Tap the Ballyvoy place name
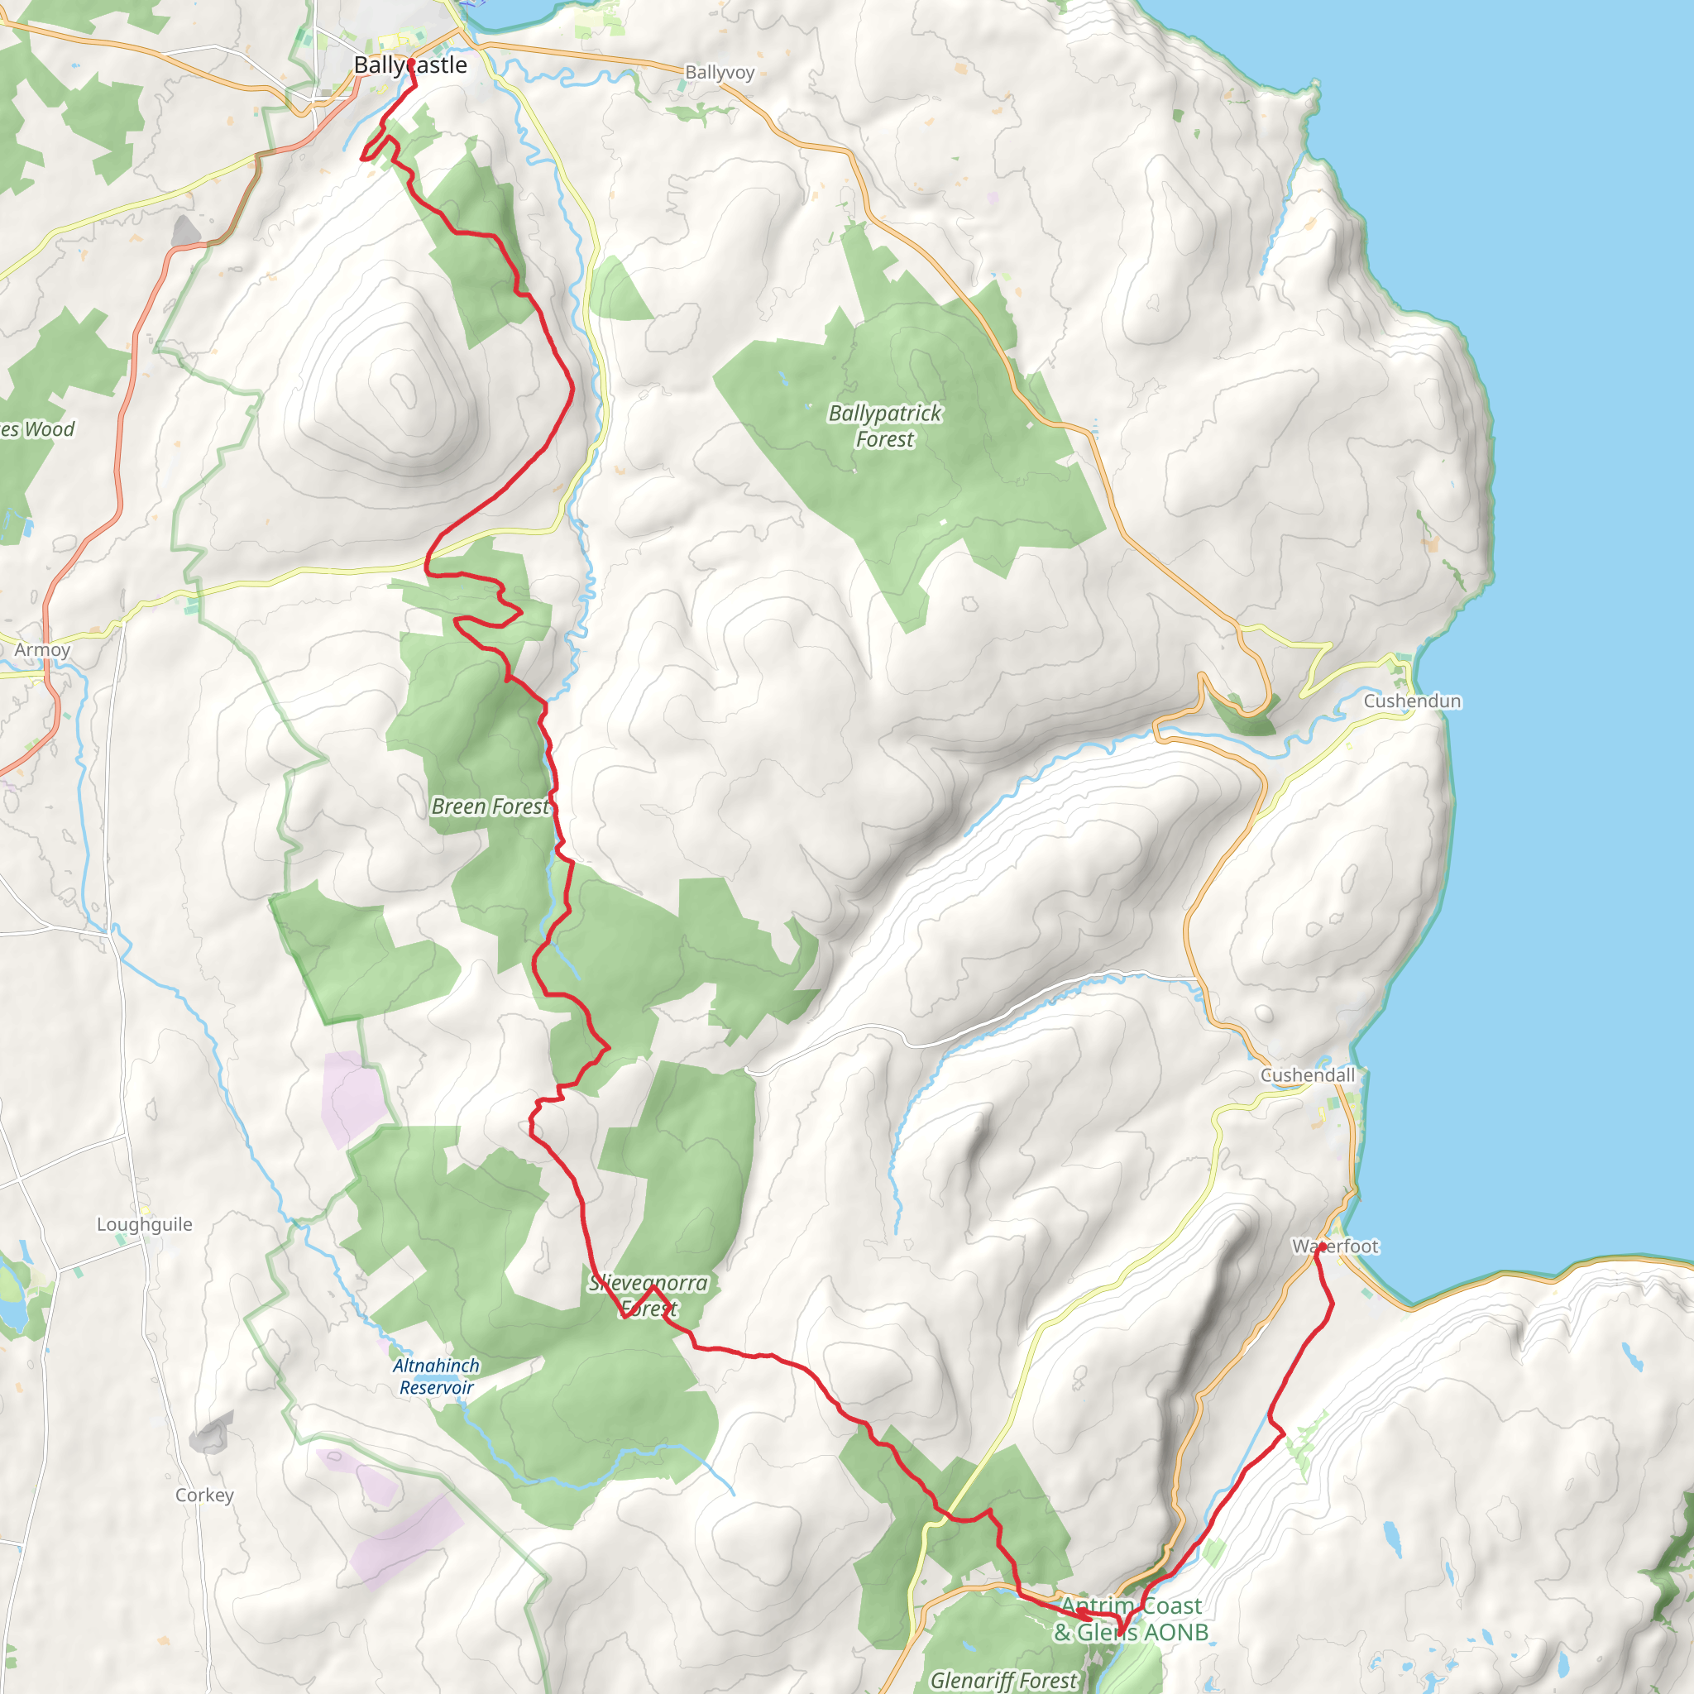pyautogui.click(x=719, y=73)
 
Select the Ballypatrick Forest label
pyautogui.click(x=885, y=426)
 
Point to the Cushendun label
pyautogui.click(x=1412, y=701)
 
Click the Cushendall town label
pyautogui.click(x=1308, y=1076)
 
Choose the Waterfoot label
pyautogui.click(x=1335, y=1247)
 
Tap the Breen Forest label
pyautogui.click(x=490, y=806)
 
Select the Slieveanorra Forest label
pyautogui.click(x=648, y=1296)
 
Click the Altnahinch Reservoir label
pyautogui.click(x=436, y=1376)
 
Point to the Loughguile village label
pyautogui.click(x=145, y=1225)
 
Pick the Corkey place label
pyautogui.click(x=204, y=1495)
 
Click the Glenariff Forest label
pyautogui.click(x=1003, y=1680)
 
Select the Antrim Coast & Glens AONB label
pyautogui.click(x=1131, y=1619)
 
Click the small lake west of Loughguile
pyautogui.click(x=13, y=1306)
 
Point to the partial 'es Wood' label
pyautogui.click(x=37, y=429)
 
